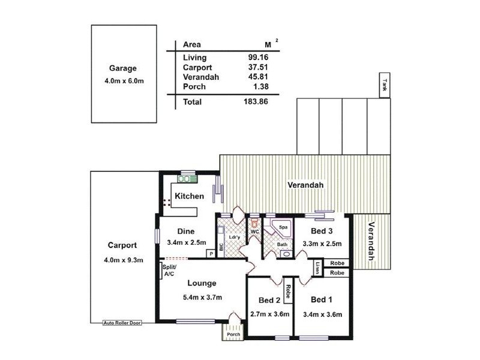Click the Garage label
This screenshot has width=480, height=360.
pos(123,68)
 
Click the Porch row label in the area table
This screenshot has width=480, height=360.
pos(194,86)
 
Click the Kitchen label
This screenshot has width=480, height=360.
pos(190,196)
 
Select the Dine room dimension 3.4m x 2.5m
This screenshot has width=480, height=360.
pos(187,243)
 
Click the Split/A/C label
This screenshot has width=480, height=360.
pos(168,271)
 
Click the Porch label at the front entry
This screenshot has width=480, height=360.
pos(233,334)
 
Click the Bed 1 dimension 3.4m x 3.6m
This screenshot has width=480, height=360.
pos(323,314)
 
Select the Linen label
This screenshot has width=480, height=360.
pos(317,267)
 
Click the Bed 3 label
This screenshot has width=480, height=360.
pos(322,231)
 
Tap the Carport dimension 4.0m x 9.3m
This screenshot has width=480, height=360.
pos(123,260)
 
